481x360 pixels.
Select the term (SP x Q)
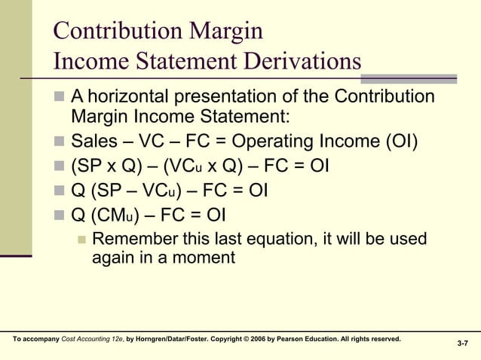click(x=106, y=165)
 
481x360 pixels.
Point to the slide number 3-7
click(x=463, y=343)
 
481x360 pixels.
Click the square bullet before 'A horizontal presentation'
click(x=60, y=98)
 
